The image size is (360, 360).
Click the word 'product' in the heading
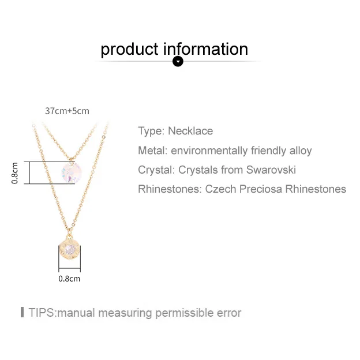[x=129, y=50]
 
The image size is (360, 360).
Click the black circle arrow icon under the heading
[x=178, y=61]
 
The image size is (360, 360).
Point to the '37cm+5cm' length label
[x=67, y=111]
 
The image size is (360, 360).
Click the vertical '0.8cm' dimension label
[x=16, y=172]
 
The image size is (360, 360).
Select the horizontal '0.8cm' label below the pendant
[x=69, y=279]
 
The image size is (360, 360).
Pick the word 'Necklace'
[x=190, y=131]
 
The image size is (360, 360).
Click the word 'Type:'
[x=151, y=131]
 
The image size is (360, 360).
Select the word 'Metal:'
[x=153, y=151]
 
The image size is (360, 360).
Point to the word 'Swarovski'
[x=271, y=170]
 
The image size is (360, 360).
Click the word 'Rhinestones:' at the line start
[x=170, y=189]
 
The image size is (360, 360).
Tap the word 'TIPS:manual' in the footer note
[x=61, y=313]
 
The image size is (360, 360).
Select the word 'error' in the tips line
[x=227, y=313]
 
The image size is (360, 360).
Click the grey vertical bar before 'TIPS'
[x=22, y=313]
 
